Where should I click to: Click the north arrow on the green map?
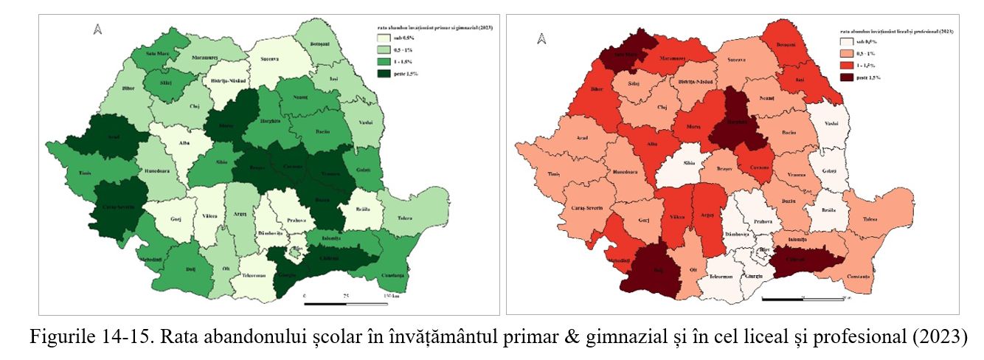point(96,30)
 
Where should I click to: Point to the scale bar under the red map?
point(803,299)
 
